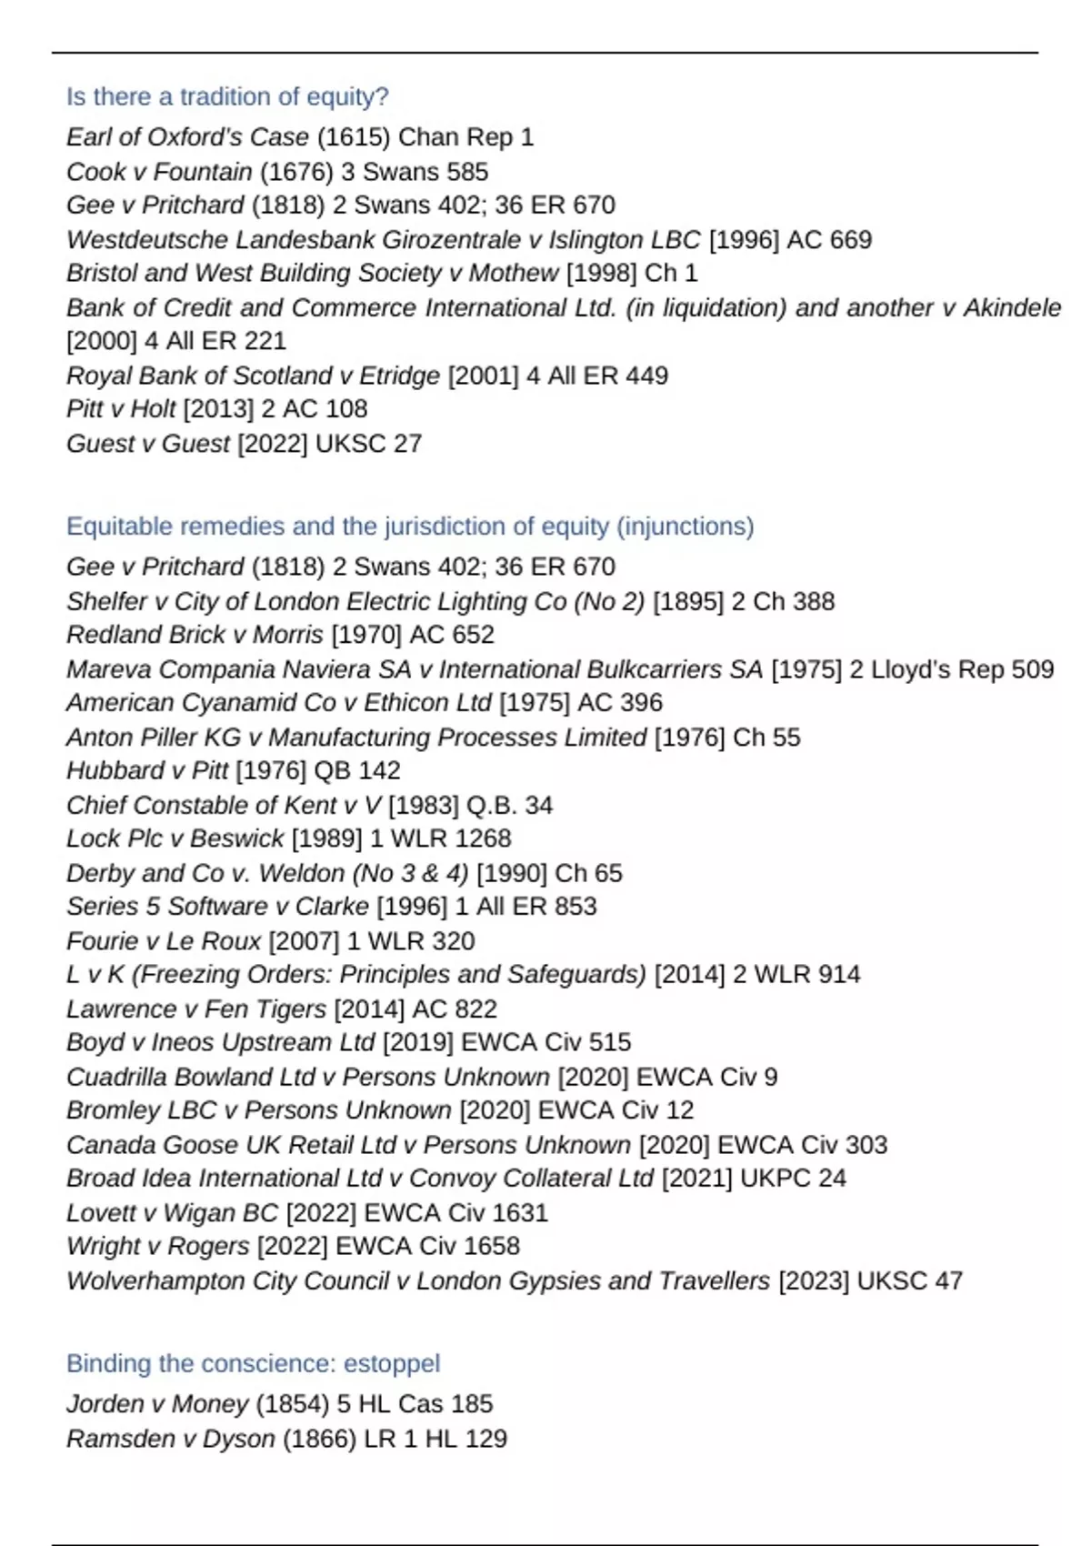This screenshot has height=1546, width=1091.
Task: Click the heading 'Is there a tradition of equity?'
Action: (x=227, y=96)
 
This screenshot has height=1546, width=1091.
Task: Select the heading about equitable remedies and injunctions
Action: (x=410, y=527)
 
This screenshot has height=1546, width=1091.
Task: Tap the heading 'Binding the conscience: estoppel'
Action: (x=253, y=1363)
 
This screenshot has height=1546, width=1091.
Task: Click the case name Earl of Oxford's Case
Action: (x=187, y=137)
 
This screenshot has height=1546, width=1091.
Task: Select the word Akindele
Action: (x=1012, y=308)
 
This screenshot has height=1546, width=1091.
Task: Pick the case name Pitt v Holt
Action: (x=121, y=409)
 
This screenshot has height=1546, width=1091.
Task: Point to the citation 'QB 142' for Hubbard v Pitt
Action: (x=356, y=771)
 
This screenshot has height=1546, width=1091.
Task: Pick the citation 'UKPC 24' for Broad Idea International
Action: (x=793, y=1179)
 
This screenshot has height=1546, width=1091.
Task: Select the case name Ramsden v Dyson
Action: (x=170, y=1440)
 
